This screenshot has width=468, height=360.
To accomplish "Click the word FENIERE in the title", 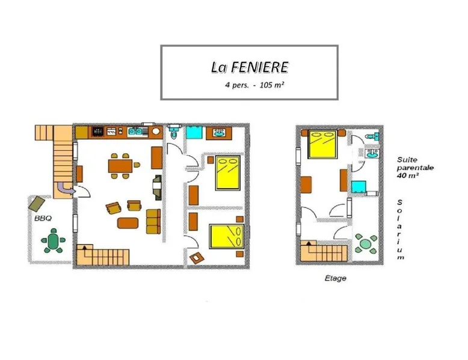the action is click(259, 67).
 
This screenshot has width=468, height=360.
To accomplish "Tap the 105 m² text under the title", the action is click(272, 85).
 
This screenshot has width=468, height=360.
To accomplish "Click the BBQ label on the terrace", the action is click(43, 218).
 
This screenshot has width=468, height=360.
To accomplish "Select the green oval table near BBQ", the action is click(54, 240).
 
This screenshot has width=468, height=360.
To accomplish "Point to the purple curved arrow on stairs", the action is click(64, 188).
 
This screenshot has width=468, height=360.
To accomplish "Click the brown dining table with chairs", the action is click(120, 166).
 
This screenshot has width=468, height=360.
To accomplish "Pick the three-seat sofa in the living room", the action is click(153, 221).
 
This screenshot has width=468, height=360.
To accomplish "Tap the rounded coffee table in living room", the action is click(128, 223).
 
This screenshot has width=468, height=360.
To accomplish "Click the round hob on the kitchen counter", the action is click(156, 131).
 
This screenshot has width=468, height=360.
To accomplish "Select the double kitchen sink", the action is click(135, 132).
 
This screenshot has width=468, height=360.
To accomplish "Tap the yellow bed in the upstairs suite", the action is click(322, 144).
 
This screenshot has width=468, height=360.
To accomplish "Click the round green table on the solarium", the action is click(365, 244).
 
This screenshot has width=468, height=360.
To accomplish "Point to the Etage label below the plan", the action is click(336, 278).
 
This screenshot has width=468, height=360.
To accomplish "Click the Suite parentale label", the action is click(415, 167).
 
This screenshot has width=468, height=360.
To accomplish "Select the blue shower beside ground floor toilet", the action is click(194, 132).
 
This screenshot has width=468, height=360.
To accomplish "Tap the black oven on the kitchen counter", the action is click(97, 132).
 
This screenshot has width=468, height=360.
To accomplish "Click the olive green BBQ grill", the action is click(37, 203).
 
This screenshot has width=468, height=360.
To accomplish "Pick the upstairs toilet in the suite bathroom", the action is click(372, 136).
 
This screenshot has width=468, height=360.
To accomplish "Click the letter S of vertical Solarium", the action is click(399, 202).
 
